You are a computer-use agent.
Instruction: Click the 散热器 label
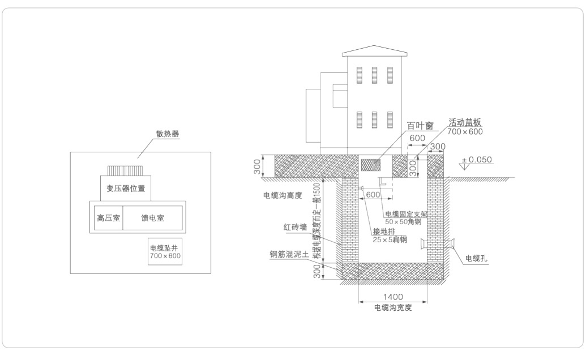point(167,134)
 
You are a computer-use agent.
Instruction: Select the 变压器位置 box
point(125,188)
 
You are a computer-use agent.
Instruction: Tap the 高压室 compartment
point(108,217)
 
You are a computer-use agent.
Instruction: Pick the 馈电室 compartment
point(152,217)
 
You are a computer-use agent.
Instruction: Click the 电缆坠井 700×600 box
point(165,252)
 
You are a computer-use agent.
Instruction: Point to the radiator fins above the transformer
point(126,170)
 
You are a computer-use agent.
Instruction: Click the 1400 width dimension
point(392,297)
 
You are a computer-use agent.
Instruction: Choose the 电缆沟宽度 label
point(392,308)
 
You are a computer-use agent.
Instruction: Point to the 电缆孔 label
point(476,258)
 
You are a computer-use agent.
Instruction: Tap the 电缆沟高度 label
point(281,195)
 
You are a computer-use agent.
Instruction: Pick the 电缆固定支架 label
point(405,214)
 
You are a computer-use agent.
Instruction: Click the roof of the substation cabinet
point(375,51)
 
